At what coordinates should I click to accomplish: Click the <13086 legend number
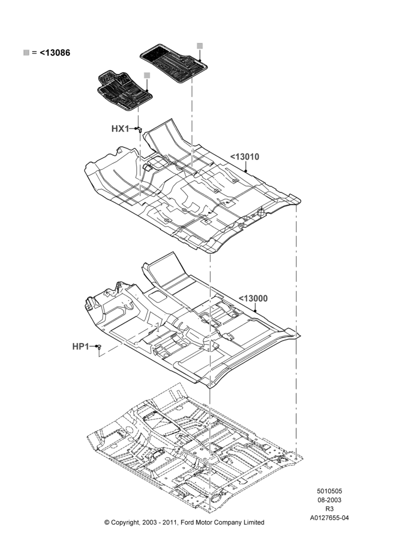pos(55,53)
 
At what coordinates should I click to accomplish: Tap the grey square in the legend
pos(26,53)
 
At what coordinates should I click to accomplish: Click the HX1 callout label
pos(120,129)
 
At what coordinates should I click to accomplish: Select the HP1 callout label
pos(80,347)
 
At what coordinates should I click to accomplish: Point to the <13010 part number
pos(245,157)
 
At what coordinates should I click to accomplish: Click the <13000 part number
pos(253,299)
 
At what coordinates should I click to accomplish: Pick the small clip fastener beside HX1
pos(139,129)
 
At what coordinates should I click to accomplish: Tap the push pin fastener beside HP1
pos(99,347)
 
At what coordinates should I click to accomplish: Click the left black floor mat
pos(125,91)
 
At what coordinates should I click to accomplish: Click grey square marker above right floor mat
pos(200,45)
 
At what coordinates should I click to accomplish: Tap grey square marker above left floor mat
pos(147,75)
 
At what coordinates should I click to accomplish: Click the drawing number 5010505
pos(329,491)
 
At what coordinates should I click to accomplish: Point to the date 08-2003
pos(329,500)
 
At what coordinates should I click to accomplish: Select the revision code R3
pos(329,509)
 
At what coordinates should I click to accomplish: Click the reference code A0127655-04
pos(329,518)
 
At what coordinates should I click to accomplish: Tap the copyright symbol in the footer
pos(107,522)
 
